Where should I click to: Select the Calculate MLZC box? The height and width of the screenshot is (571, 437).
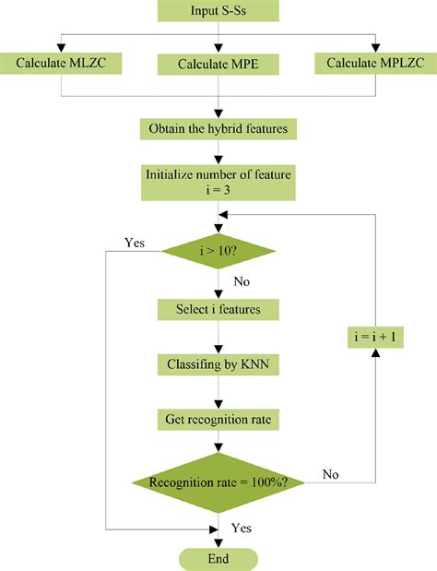(61, 63)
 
